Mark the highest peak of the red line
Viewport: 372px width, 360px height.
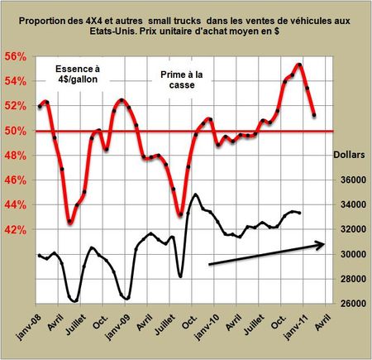(x=298, y=64)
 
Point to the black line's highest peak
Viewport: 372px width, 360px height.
(x=195, y=194)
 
